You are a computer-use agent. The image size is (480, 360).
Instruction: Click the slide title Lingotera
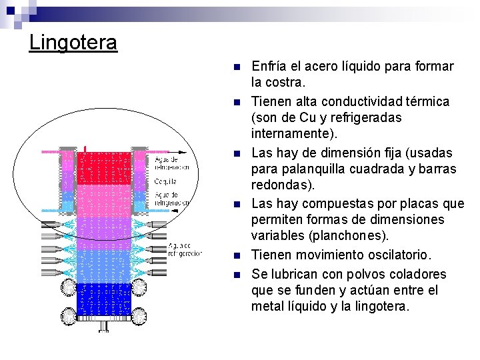[x=73, y=43]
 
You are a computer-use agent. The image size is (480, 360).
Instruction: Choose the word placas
[x=423, y=203]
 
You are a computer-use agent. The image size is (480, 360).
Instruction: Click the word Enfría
[x=269, y=66]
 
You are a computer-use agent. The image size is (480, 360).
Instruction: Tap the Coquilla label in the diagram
[x=166, y=180]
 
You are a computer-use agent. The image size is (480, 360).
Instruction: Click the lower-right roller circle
[x=139, y=315]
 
